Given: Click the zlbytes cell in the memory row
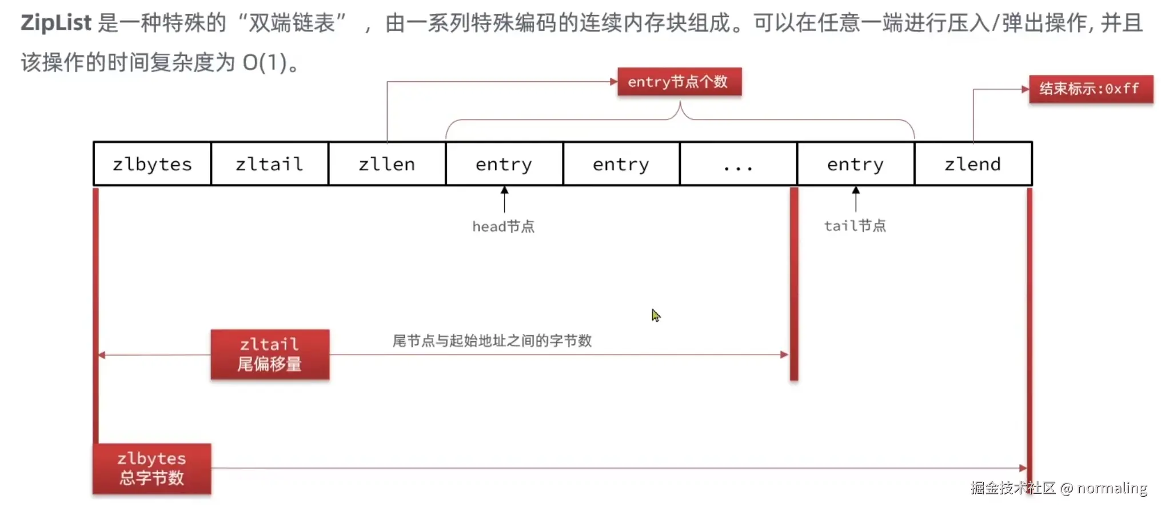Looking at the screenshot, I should [152, 164].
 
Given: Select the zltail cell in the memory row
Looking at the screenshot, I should [269, 164].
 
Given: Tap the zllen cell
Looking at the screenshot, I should [386, 164].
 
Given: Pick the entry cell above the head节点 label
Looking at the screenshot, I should [504, 164].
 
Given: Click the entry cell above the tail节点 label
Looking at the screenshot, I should [855, 164].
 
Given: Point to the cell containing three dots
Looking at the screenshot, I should [738, 164].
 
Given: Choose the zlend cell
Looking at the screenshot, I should [972, 164].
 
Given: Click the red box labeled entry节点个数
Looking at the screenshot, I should [679, 82].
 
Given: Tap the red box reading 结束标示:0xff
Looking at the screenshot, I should [1090, 89].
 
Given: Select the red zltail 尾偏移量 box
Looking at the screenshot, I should [270, 354].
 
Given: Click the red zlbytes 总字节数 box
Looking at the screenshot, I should [152, 468].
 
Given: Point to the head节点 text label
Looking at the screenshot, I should [503, 227].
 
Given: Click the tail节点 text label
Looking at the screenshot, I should [855, 226].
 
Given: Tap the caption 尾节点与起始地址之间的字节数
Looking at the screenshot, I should [492, 341].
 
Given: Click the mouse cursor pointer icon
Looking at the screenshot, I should [655, 315].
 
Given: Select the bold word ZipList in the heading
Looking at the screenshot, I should [56, 23].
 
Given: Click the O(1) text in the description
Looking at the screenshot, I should [264, 62].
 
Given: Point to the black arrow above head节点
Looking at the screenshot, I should [504, 198].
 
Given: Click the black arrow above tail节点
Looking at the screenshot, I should [856, 198].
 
